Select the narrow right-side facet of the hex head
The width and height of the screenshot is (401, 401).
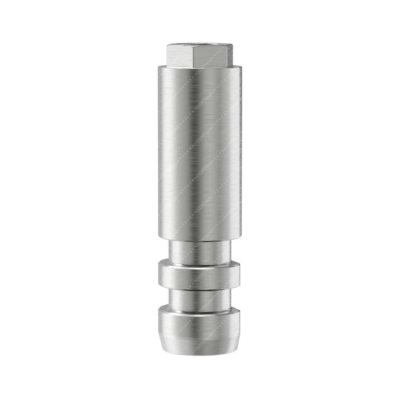(228, 56)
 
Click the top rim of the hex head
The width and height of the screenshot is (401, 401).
(200, 45)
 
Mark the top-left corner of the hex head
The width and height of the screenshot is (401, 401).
(167, 46)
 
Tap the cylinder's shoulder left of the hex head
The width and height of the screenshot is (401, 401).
(163, 67)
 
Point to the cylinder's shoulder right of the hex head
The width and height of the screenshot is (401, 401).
(237, 67)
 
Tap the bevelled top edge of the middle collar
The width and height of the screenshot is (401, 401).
(200, 264)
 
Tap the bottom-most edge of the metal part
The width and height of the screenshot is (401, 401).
(200, 353)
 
